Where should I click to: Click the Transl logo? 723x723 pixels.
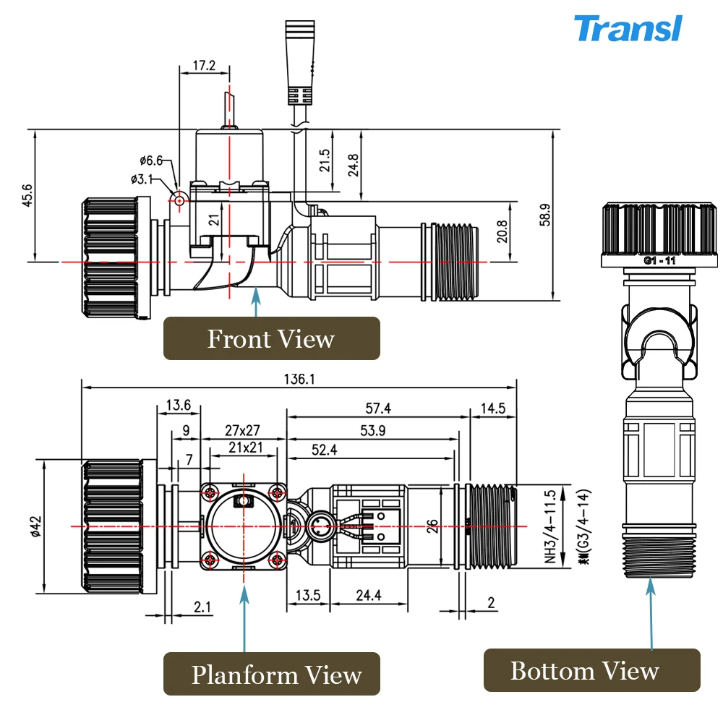point(627,29)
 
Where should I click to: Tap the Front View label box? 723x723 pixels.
point(271,338)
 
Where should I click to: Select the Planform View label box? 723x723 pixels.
point(276,675)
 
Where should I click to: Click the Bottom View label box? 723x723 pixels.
point(584,671)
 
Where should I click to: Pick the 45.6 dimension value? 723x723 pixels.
point(27,195)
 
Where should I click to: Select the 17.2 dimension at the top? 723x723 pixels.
point(204,65)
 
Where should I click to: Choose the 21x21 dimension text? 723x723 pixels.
point(244,448)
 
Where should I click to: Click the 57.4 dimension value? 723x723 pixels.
point(377,408)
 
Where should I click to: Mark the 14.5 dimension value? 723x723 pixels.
point(492,408)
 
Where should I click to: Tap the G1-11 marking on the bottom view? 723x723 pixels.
point(659,261)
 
